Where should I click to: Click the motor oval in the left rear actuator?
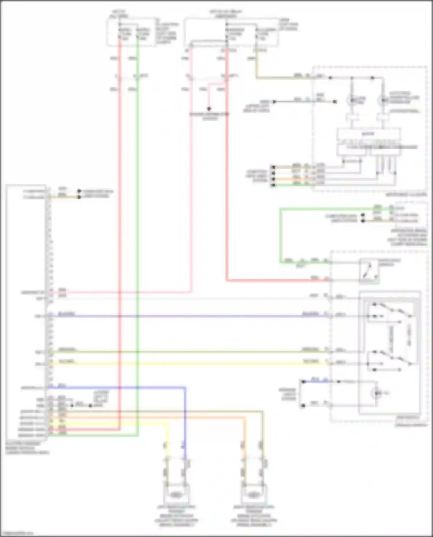click(175, 495)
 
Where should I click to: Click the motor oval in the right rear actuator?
click(253, 495)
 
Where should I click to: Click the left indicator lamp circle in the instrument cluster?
click(352, 100)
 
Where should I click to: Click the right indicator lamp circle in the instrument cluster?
click(383, 100)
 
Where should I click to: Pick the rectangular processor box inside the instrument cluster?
click(368, 134)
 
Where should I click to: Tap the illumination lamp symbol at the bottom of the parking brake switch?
click(377, 393)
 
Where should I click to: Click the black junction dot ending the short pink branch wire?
click(209, 109)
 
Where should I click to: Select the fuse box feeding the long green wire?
click(132, 32)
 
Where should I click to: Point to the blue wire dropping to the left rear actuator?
click(185, 418)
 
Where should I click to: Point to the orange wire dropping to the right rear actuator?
click(245, 433)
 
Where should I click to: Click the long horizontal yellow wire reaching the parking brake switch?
click(188, 364)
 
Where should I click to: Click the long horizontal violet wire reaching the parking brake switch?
click(188, 316)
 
